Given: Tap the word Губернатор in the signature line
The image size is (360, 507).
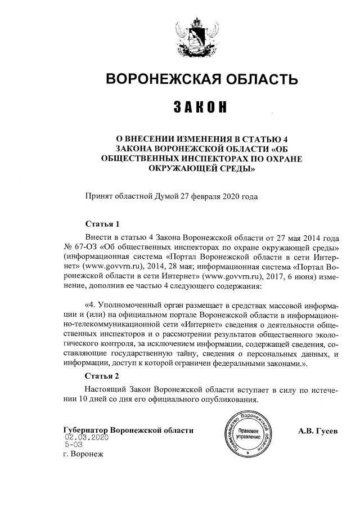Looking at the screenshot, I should [x=86, y=430].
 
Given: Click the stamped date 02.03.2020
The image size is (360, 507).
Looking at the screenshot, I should [x=86, y=437].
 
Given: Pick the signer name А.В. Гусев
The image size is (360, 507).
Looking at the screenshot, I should [x=318, y=431].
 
